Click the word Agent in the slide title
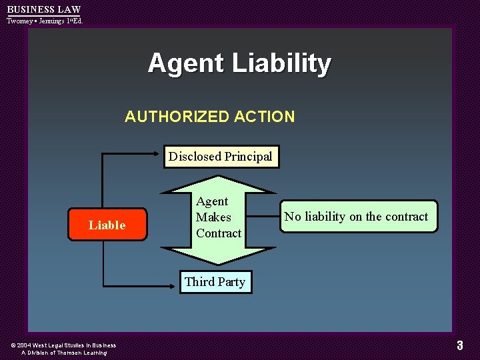click(x=186, y=64)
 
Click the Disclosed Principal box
click(x=221, y=157)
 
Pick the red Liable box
click(x=107, y=225)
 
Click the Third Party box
click(x=215, y=281)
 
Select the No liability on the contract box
click(x=359, y=217)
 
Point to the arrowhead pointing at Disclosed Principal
click(x=160, y=154)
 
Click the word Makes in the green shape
click(x=213, y=217)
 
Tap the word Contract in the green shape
click(x=219, y=233)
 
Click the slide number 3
click(x=459, y=345)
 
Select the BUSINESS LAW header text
click(x=43, y=9)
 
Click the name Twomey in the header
click(x=20, y=21)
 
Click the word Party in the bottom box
click(x=231, y=281)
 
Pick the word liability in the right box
click(x=325, y=217)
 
